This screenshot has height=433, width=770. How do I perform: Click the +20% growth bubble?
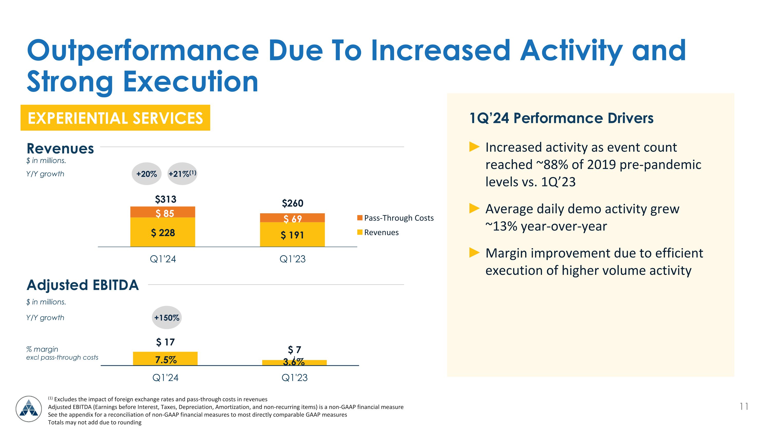pyautogui.click(x=147, y=174)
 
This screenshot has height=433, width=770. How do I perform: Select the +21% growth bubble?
pyautogui.click(x=182, y=174)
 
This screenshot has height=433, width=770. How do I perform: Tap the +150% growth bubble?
pyautogui.click(x=167, y=317)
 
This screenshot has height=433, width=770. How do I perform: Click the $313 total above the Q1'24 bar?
pyautogui.click(x=166, y=199)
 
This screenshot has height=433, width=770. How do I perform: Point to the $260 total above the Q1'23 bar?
pyautogui.click(x=292, y=203)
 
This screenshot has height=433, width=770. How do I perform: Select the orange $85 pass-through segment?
pyautogui.click(x=163, y=213)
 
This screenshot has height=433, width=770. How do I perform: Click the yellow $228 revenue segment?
pyautogui.click(x=163, y=233)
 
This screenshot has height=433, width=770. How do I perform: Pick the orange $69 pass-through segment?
pyautogui.click(x=292, y=218)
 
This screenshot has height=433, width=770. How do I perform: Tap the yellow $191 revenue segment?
pyautogui.click(x=292, y=235)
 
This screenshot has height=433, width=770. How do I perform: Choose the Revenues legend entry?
pyautogui.click(x=378, y=232)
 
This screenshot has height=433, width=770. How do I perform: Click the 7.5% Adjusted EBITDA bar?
pyautogui.click(x=165, y=359)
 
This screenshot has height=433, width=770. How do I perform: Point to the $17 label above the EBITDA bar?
pyautogui.click(x=165, y=342)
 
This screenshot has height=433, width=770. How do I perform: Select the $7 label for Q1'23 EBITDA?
pyautogui.click(x=294, y=349)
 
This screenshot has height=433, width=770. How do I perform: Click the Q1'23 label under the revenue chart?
pyautogui.click(x=292, y=259)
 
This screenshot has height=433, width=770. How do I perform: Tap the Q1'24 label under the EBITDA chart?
pyautogui.click(x=165, y=377)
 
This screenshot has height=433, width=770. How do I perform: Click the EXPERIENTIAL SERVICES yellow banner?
pyautogui.click(x=115, y=118)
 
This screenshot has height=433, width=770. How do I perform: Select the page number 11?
pyautogui.click(x=744, y=406)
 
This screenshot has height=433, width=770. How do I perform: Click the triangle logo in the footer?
pyautogui.click(x=29, y=409)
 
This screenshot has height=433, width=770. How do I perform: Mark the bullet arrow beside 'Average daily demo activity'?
pyautogui.click(x=474, y=208)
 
